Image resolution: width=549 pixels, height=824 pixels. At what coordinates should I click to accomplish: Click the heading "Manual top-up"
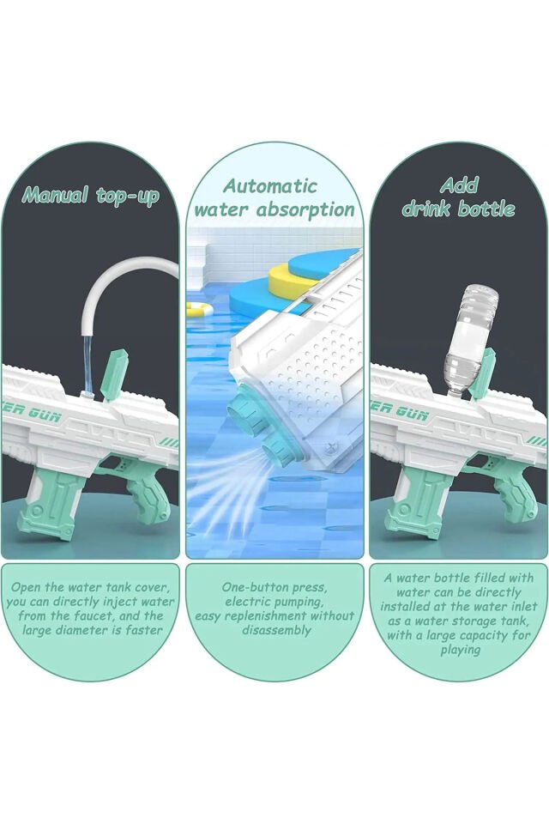[90, 197]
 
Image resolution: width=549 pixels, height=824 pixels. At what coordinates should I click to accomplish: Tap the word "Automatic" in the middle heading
[270, 185]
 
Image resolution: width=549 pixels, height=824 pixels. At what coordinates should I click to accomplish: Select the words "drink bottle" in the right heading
[458, 209]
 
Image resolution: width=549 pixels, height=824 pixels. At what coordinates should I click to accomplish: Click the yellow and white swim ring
[199, 309]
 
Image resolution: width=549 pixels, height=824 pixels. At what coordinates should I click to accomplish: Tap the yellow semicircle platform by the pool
[288, 278]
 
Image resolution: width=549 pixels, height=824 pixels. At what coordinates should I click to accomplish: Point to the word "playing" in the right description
[460, 651]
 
